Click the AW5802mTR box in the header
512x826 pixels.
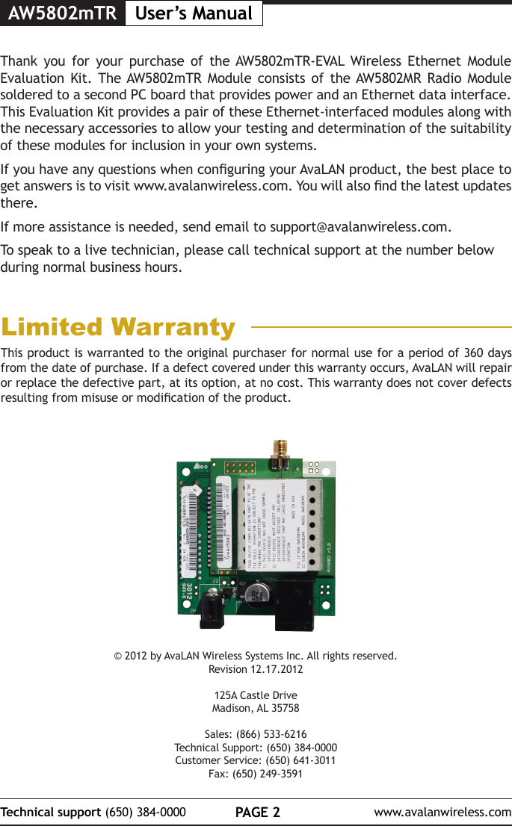[x=62, y=13]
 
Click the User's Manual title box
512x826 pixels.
[x=193, y=13]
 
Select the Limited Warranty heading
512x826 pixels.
[x=118, y=327]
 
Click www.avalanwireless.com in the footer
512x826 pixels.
[x=442, y=812]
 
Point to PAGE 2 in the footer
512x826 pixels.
[x=256, y=812]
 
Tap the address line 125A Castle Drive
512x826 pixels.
[x=256, y=695]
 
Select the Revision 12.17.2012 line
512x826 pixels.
[x=256, y=669]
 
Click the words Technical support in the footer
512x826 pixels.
[x=52, y=812]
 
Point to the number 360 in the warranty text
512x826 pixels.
[x=472, y=352]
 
